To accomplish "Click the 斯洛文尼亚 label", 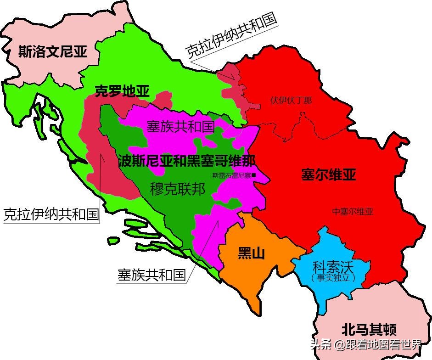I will click(52, 52).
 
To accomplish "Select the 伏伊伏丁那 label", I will click(291, 100).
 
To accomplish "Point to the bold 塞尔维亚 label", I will click(329, 175).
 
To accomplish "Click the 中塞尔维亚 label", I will click(353, 212).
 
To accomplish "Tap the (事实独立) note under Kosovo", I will click(332, 278).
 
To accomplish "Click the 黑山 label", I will click(251, 253).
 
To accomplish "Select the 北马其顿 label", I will click(369, 330).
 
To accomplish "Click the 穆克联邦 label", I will click(178, 189).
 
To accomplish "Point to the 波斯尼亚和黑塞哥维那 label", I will click(186, 161).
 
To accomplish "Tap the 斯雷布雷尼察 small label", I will click(231, 175).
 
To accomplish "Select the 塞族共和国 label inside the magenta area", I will click(180, 126).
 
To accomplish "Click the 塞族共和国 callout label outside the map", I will click(151, 275).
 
